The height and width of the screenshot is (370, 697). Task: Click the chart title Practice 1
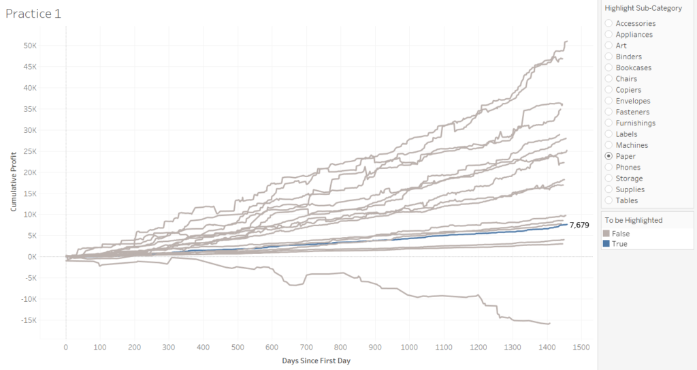click(33, 14)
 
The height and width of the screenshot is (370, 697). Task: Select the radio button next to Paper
click(609, 156)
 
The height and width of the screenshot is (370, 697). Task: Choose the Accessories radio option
click(609, 23)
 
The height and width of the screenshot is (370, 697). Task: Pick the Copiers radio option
click(609, 90)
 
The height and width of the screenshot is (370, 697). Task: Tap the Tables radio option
click(609, 200)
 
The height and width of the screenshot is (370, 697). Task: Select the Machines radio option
click(609, 145)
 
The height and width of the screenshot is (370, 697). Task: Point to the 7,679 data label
click(579, 225)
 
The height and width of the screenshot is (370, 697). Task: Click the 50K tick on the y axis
click(36, 46)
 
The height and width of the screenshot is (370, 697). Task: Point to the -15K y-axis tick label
click(35, 320)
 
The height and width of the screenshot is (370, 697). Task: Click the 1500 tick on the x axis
click(581, 347)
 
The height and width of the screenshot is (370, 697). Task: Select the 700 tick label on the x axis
click(306, 347)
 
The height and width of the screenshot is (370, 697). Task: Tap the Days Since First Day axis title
click(316, 360)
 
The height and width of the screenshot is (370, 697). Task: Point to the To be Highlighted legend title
click(633, 220)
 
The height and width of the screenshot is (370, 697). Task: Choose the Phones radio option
click(609, 167)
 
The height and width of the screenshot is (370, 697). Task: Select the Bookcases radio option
click(609, 67)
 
